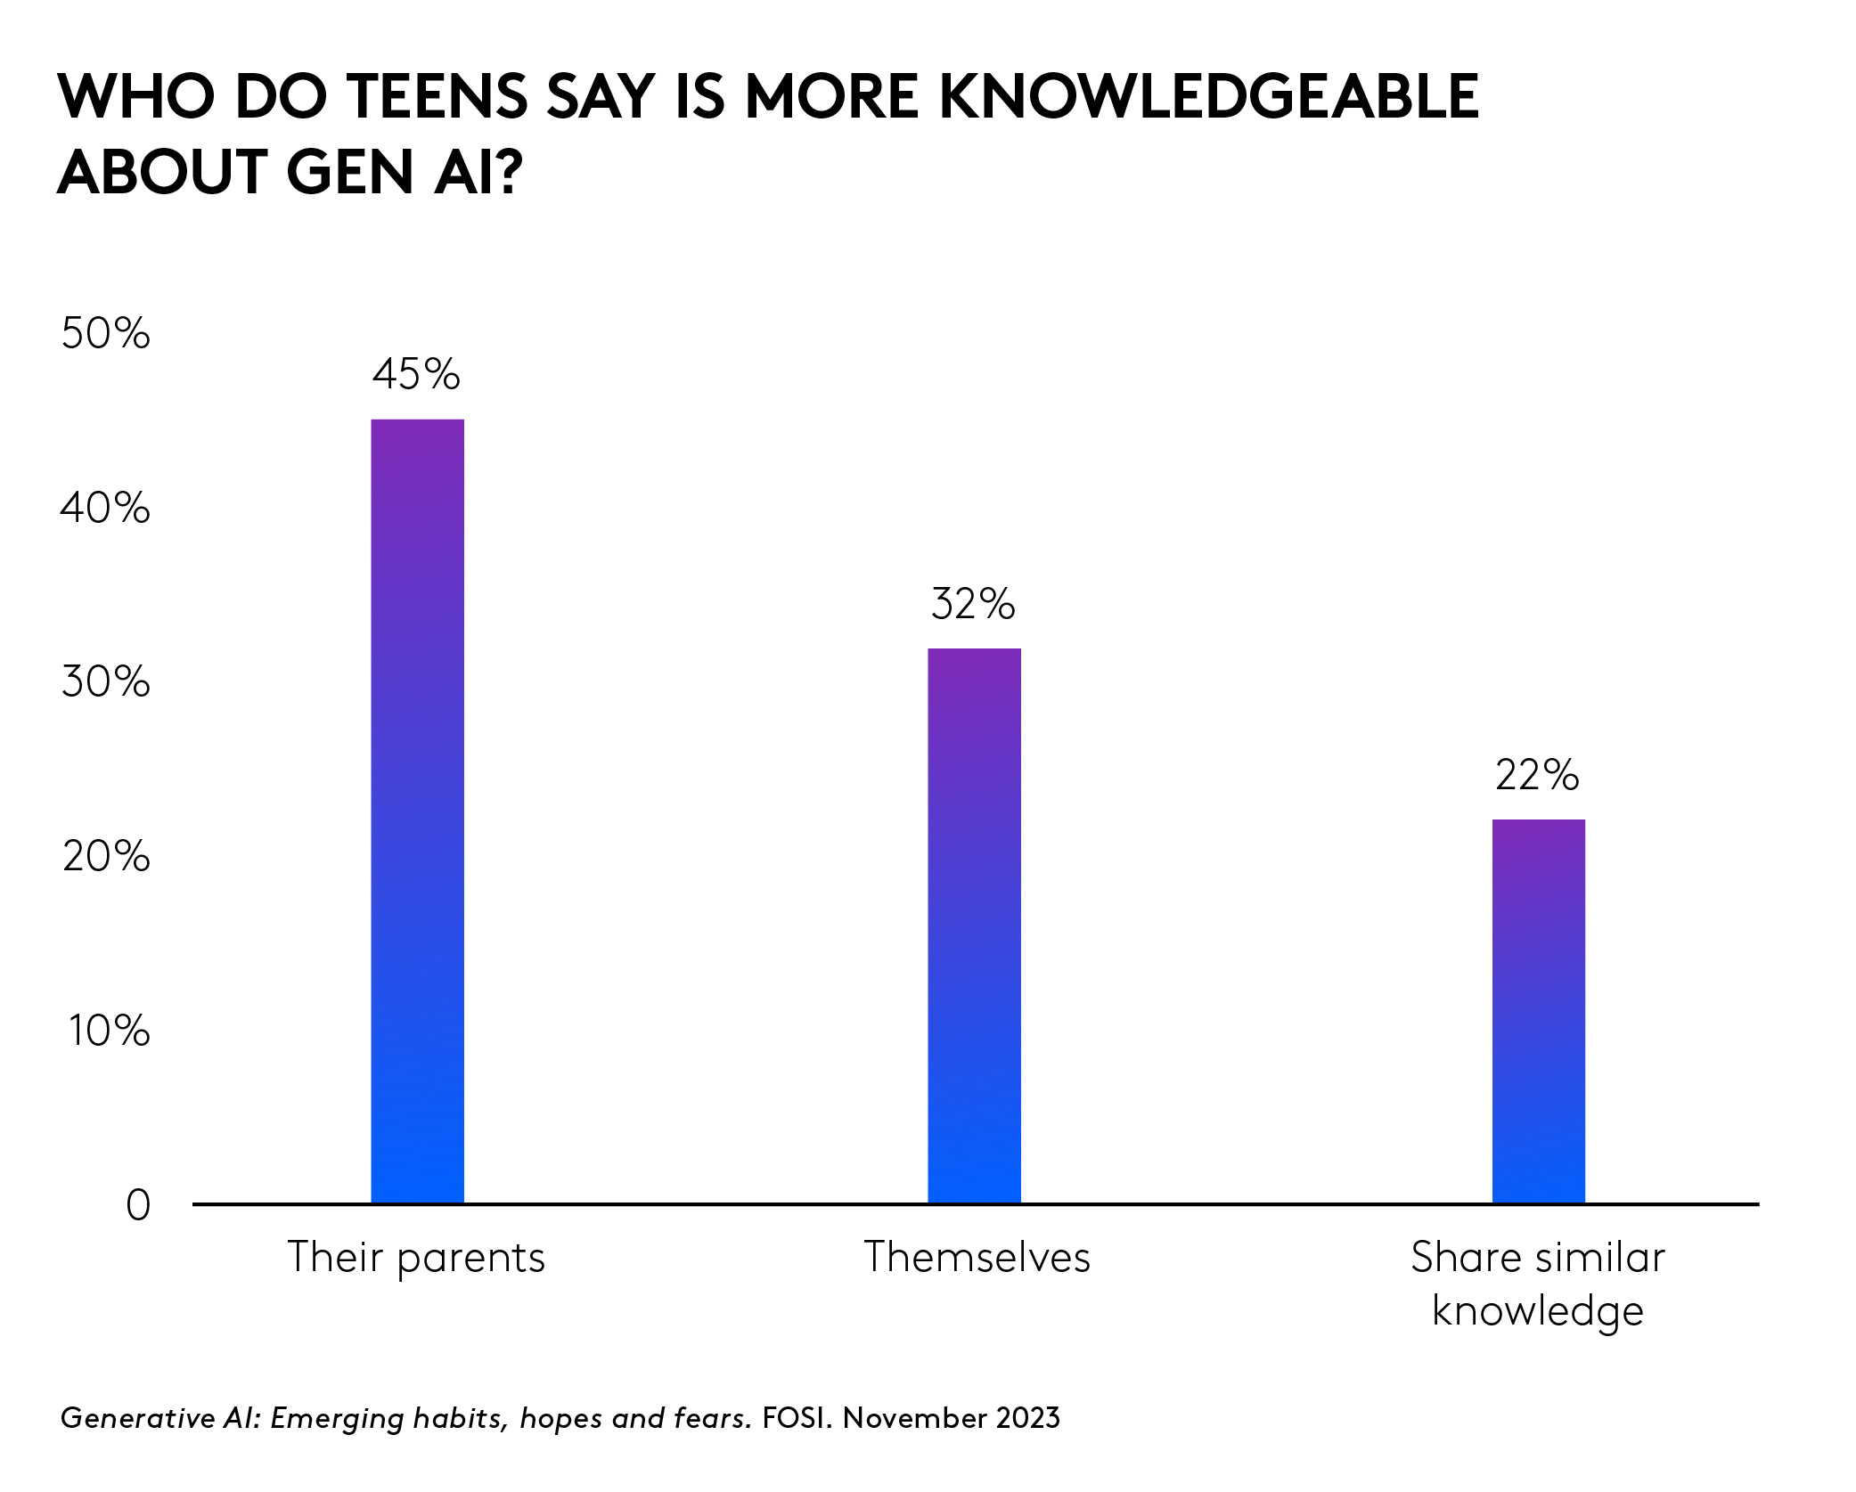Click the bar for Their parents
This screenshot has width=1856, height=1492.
click(417, 811)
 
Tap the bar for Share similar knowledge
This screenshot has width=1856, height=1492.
click(1538, 1010)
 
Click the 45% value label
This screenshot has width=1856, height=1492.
click(416, 374)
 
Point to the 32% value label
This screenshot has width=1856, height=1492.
click(973, 604)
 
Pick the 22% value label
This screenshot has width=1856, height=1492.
click(1537, 775)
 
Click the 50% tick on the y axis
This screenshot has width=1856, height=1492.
click(105, 334)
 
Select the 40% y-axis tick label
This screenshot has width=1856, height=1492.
click(105, 508)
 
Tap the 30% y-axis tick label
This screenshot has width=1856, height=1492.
click(105, 682)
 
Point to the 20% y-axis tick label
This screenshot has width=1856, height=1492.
click(105, 857)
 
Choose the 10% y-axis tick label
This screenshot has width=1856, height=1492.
click(109, 1031)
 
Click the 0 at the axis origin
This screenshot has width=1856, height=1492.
click(138, 1205)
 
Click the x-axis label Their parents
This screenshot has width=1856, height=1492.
click(416, 1258)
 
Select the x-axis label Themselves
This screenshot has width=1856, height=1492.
click(977, 1258)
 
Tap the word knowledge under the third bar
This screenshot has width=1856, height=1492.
click(1537, 1311)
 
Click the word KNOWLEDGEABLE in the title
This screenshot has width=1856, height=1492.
click(1209, 96)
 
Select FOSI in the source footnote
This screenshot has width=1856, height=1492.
click(795, 1417)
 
